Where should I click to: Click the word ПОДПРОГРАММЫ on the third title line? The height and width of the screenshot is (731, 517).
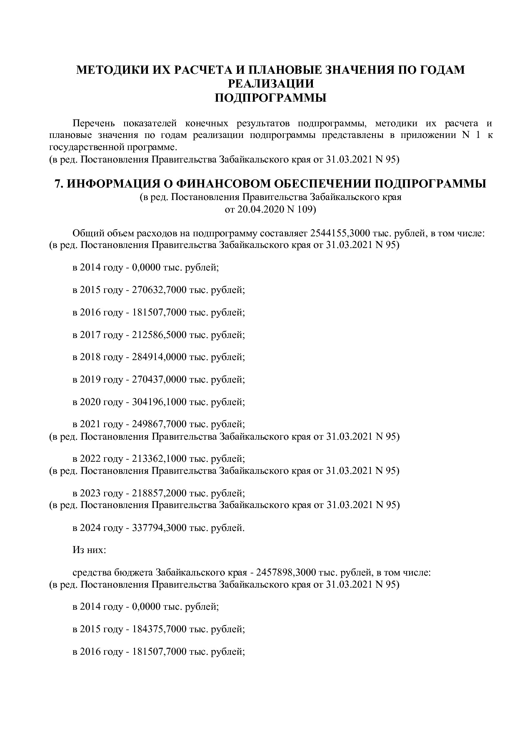270,98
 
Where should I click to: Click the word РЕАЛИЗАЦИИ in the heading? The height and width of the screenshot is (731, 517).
270,84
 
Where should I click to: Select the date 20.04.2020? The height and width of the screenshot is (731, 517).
259,210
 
